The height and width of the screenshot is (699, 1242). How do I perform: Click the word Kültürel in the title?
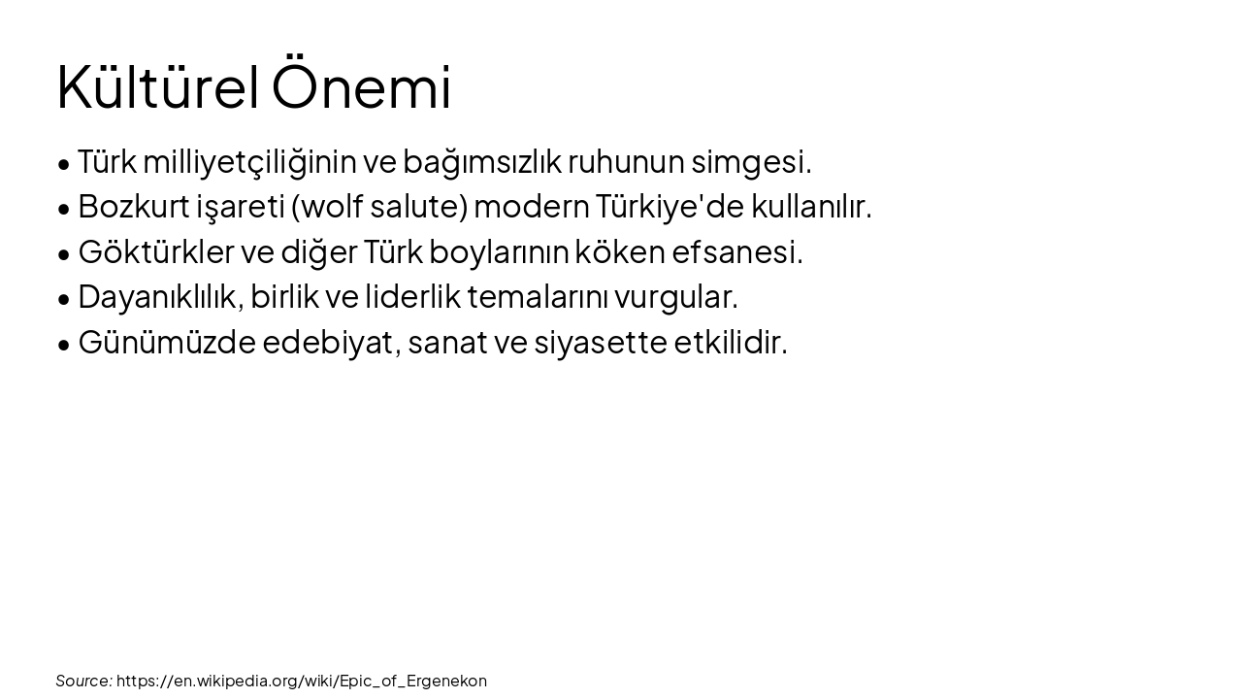(157, 87)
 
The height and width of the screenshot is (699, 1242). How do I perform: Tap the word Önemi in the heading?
(361, 87)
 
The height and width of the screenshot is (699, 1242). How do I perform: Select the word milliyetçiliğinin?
(249, 162)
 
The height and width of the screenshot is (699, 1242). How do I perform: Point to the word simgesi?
(751, 162)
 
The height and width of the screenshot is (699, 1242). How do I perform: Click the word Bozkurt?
(133, 207)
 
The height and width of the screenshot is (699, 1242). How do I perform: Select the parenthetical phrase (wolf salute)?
(379, 207)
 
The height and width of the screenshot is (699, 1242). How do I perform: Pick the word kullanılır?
(812, 207)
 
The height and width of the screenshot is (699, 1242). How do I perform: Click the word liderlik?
(412, 297)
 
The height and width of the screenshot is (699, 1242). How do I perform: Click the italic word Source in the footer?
(83, 681)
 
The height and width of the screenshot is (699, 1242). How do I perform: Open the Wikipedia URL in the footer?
(302, 681)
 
